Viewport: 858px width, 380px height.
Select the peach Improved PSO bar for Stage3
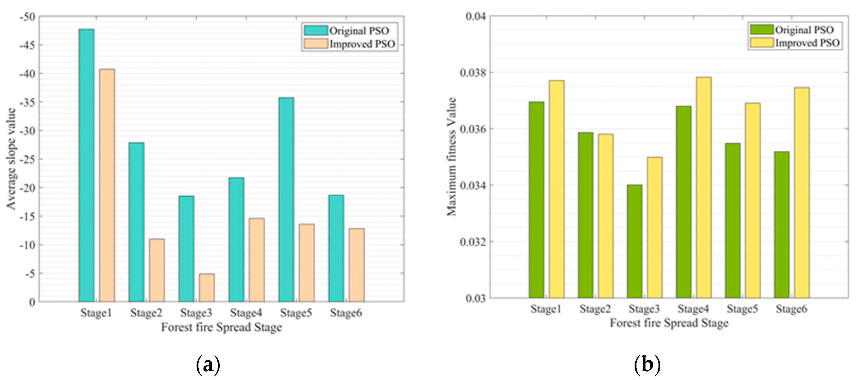(207, 288)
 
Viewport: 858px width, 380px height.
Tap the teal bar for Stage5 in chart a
(286, 200)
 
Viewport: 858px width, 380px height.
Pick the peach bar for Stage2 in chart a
(156, 270)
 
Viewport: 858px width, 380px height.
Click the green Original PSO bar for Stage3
(635, 241)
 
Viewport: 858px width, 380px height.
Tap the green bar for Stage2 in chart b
(585, 215)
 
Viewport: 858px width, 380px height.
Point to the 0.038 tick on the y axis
(473, 72)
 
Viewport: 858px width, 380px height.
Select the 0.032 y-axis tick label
(473, 241)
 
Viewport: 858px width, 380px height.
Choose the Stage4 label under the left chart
(246, 313)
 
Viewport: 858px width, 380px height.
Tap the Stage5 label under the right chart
(742, 309)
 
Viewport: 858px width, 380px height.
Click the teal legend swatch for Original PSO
(315, 31)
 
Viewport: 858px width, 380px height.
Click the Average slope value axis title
(11, 159)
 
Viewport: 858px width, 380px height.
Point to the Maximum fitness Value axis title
(451, 156)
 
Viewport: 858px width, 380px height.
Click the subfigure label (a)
(208, 365)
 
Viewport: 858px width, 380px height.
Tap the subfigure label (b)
(647, 365)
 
